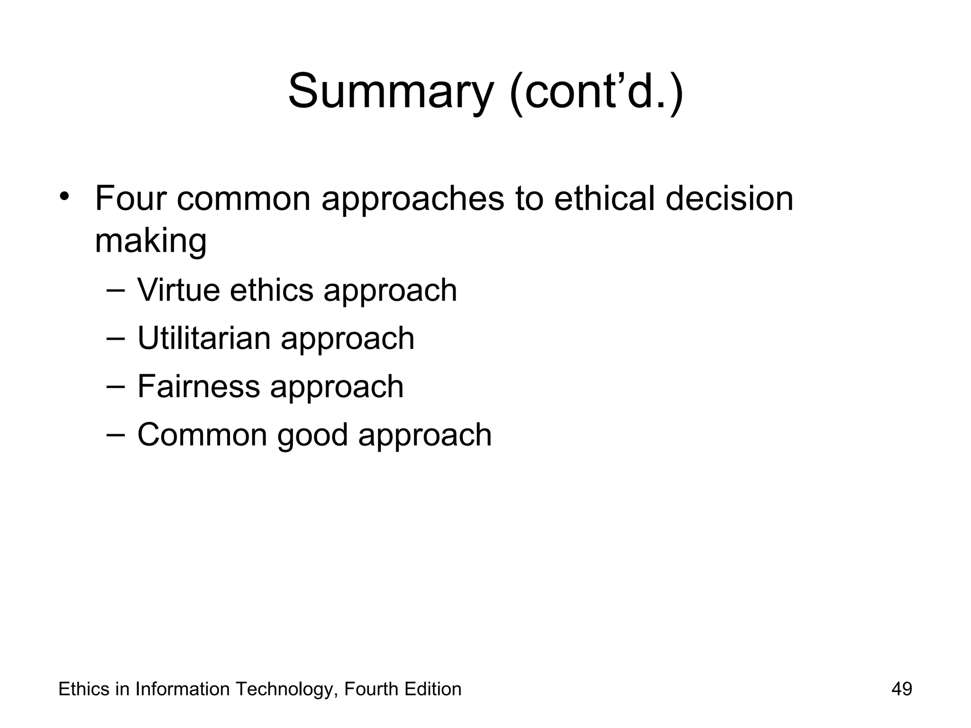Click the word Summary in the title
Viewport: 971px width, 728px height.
pos(391,91)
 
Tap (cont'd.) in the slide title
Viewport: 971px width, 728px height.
pos(596,91)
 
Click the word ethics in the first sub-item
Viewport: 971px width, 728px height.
pos(271,290)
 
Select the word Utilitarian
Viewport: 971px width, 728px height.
pos(204,338)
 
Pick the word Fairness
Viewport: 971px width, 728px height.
pos(199,386)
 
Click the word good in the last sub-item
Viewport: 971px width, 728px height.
pos(312,435)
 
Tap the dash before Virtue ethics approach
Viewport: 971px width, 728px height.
pos(116,290)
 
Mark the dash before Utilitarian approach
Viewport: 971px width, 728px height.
pos(116,338)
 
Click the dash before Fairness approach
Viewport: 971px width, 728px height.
pos(116,386)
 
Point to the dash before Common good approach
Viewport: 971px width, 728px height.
pos(116,435)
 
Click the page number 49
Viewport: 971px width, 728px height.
pos(901,689)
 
